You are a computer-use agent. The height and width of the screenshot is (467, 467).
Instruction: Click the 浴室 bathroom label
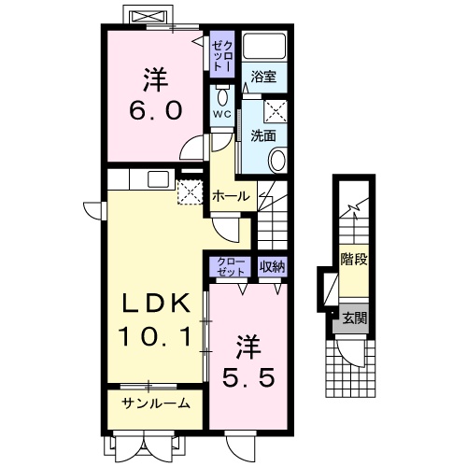click(263, 77)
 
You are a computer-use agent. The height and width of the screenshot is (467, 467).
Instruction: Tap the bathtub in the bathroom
click(264, 46)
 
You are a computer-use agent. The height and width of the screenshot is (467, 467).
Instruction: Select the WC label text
click(222, 114)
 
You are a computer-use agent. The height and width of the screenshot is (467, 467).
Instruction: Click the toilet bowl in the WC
click(222, 96)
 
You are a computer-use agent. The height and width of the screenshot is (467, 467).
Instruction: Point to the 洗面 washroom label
click(263, 135)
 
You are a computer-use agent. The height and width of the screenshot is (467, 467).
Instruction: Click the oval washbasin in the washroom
click(277, 161)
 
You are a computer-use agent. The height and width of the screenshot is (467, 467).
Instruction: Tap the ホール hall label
click(231, 196)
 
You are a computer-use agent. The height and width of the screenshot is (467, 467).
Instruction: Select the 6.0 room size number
click(155, 111)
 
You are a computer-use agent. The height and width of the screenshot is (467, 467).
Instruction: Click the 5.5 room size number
click(248, 377)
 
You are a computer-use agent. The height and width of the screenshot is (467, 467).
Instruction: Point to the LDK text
click(155, 304)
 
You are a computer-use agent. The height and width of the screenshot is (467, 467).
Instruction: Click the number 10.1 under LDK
click(155, 336)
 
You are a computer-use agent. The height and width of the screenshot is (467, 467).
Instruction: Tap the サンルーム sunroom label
click(155, 403)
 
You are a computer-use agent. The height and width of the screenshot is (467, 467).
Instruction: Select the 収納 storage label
click(273, 266)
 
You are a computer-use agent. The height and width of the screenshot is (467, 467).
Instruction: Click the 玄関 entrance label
click(355, 318)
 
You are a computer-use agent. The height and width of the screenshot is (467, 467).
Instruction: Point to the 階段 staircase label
click(354, 259)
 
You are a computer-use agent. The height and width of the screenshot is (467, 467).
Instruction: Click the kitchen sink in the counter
click(158, 179)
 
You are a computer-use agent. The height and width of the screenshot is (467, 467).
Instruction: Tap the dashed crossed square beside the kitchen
click(190, 192)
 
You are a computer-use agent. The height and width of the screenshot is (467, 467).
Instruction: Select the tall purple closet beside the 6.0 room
click(222, 54)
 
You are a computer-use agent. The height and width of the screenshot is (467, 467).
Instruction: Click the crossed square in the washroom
click(276, 111)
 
